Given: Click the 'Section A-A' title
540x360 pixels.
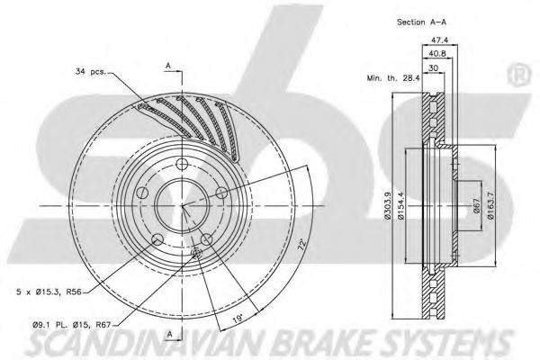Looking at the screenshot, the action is [x=421, y=22].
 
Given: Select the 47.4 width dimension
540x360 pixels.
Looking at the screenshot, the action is [x=440, y=40].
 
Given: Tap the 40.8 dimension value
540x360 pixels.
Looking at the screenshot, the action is [x=437, y=54].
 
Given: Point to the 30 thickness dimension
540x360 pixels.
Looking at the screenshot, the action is [x=433, y=67].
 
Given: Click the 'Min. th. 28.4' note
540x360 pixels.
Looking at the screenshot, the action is [x=393, y=78].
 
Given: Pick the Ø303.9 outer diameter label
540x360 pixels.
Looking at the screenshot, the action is [x=387, y=206].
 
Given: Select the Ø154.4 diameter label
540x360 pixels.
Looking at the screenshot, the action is [x=400, y=206].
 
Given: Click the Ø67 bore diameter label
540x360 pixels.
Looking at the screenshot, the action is [x=477, y=206].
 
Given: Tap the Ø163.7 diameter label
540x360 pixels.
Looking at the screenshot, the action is [x=490, y=206].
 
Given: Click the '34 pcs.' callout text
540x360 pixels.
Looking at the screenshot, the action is [x=91, y=72].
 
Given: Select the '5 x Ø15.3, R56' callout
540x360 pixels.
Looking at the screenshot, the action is [x=49, y=292].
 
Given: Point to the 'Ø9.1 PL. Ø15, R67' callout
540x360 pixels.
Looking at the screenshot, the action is [x=73, y=324].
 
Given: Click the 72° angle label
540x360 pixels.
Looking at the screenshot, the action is [x=302, y=244].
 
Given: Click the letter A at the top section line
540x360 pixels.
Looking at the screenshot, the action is [x=168, y=65].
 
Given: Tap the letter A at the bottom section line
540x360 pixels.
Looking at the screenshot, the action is [x=169, y=334].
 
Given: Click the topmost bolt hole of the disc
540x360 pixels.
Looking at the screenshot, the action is [x=182, y=164].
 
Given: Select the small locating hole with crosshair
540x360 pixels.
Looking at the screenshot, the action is [x=196, y=253].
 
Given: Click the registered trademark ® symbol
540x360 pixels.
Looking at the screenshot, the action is [x=519, y=76].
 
